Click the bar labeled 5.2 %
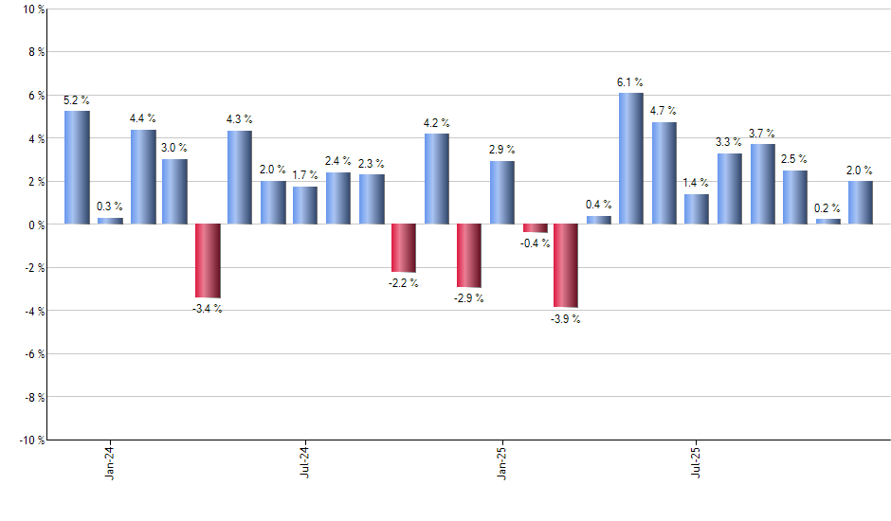pyautogui.click(x=77, y=168)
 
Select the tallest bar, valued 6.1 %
pyautogui.click(x=630, y=158)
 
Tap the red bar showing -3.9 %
pyautogui.click(x=566, y=266)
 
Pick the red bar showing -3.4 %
pyautogui.click(x=208, y=260)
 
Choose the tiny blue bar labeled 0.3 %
pyautogui.click(x=110, y=221)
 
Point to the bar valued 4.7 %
pyautogui.click(x=664, y=173)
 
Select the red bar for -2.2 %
pyautogui.click(x=403, y=248)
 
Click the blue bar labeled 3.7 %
pyautogui.click(x=762, y=184)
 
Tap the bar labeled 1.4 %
pyautogui.click(x=697, y=209)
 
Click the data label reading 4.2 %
pyautogui.click(x=437, y=123)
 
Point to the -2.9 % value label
pyautogui.click(x=468, y=298)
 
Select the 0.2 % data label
pyautogui.click(x=827, y=208)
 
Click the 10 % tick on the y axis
pyautogui.click(x=33, y=9)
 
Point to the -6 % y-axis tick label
pyautogui.click(x=33, y=354)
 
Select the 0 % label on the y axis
pyautogui.click(x=35, y=225)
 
